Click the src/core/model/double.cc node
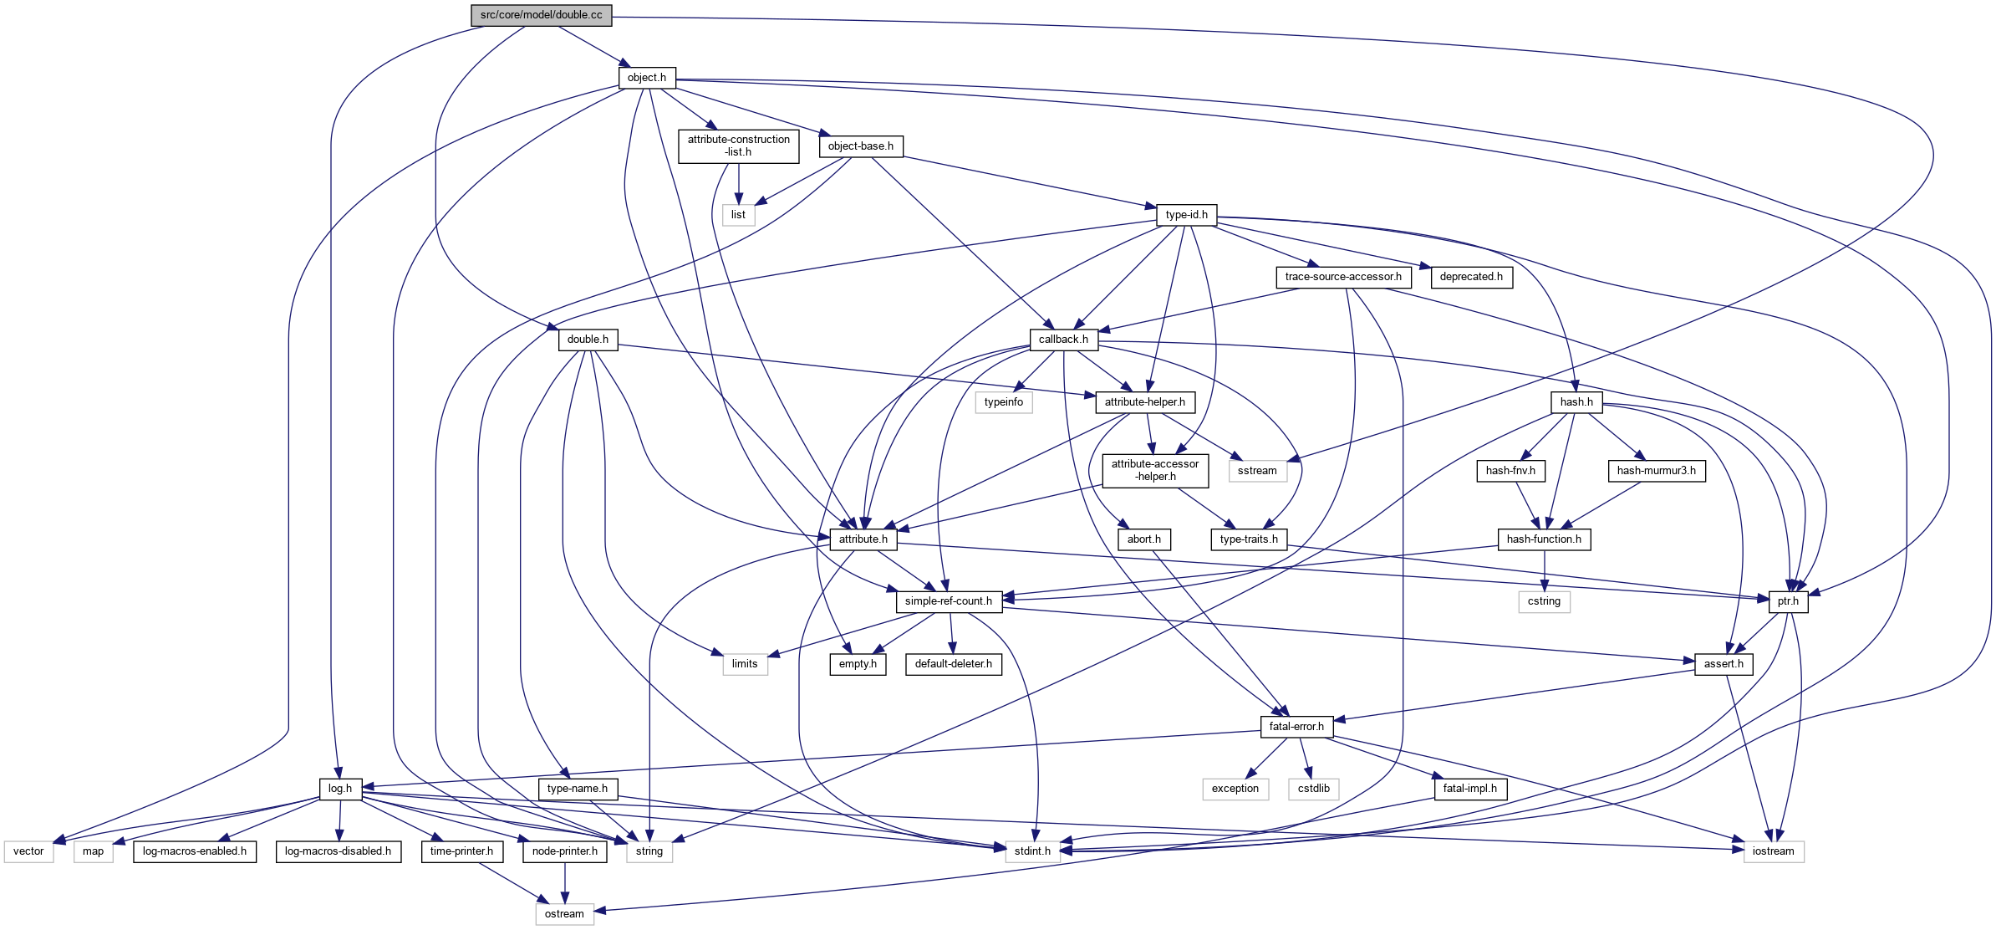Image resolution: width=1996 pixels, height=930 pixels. (541, 15)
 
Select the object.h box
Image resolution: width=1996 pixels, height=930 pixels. (647, 78)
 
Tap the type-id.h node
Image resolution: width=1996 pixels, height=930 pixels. (1186, 215)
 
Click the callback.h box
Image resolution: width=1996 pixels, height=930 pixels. (1063, 340)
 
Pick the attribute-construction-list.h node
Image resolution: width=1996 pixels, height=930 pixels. (738, 146)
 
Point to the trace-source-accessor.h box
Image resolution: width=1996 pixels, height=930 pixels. (1343, 277)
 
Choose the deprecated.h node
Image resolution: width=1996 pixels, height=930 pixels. (1471, 277)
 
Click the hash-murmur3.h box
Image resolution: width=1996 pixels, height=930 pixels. (1656, 471)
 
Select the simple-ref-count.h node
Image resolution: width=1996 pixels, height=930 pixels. (948, 601)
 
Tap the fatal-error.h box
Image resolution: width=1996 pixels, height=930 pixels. (1296, 727)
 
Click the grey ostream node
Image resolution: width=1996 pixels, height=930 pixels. (564, 914)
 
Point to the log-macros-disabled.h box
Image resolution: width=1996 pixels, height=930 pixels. (338, 851)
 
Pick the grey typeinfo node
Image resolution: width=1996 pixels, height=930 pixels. (1003, 402)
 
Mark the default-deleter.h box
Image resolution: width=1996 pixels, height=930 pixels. (953, 664)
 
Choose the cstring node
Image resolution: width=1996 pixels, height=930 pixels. (1544, 601)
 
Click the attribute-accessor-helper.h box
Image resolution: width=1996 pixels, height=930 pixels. (1155, 470)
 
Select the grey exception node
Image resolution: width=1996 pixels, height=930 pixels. (1235, 789)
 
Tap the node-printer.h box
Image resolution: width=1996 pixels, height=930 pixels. (565, 851)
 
